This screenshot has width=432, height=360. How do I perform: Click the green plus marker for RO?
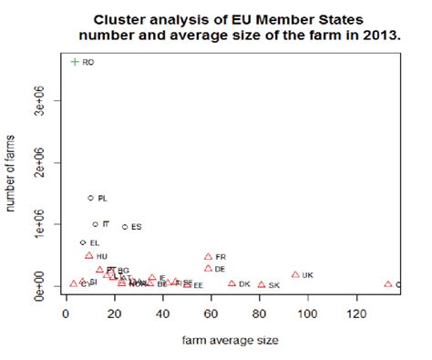pyautogui.click(x=75, y=62)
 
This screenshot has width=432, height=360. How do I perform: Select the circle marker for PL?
pyautogui.click(x=90, y=198)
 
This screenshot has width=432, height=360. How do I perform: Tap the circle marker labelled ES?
pyautogui.click(x=125, y=227)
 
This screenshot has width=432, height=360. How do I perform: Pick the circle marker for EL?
pyautogui.click(x=83, y=243)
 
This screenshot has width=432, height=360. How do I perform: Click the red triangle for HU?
pyautogui.click(x=89, y=256)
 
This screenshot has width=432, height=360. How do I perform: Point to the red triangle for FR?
pyautogui.click(x=209, y=257)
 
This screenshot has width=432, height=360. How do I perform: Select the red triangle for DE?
pyautogui.click(x=209, y=269)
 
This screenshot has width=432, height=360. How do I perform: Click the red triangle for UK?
pyautogui.click(x=295, y=274)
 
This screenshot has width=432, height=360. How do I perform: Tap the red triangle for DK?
pyautogui.click(x=231, y=284)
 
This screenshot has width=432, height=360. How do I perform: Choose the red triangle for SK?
pyautogui.click(x=262, y=285)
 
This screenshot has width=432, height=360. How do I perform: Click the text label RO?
pyautogui.click(x=88, y=62)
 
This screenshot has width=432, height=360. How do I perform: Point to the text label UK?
pyautogui.click(x=308, y=275)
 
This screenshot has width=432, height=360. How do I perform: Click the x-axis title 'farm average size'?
pyautogui.click(x=227, y=340)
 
